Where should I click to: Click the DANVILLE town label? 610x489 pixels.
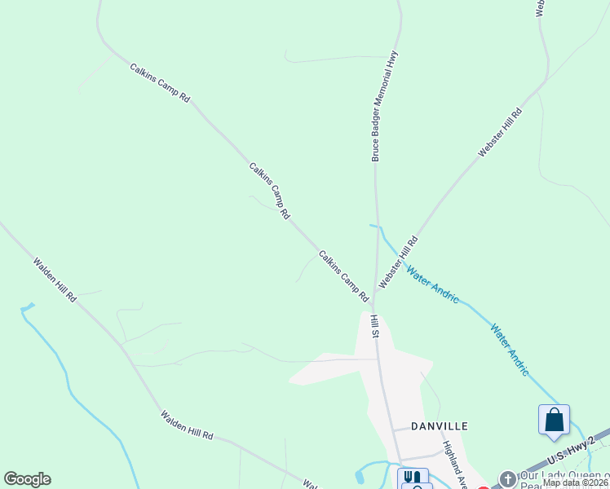439,426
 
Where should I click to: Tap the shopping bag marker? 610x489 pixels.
554,421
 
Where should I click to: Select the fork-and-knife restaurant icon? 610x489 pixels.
413,478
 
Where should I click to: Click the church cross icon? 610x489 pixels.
507,479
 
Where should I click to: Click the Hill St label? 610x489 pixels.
376,326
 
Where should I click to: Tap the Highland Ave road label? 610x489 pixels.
453,465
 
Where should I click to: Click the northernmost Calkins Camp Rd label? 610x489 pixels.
160,82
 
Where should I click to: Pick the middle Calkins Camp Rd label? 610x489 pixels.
270,191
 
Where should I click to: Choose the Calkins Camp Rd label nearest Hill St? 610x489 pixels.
343,276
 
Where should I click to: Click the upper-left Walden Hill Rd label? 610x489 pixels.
55,280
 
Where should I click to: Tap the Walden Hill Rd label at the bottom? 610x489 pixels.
187,425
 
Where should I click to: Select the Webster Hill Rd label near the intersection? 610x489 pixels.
398,262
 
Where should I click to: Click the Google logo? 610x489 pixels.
27,479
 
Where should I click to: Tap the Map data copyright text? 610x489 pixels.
576,482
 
